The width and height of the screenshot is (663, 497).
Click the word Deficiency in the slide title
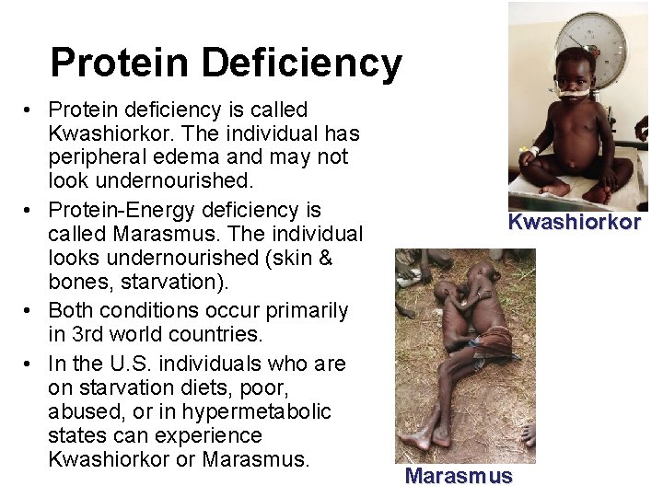(302, 64)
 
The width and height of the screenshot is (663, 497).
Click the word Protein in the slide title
(121, 64)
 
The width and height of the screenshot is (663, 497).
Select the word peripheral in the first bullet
(99, 157)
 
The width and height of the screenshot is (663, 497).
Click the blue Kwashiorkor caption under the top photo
(574, 223)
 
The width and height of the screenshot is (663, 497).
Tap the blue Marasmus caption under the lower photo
(458, 476)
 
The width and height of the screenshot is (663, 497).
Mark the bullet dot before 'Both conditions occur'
(30, 311)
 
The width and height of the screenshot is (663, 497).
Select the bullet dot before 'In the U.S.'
(30, 364)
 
